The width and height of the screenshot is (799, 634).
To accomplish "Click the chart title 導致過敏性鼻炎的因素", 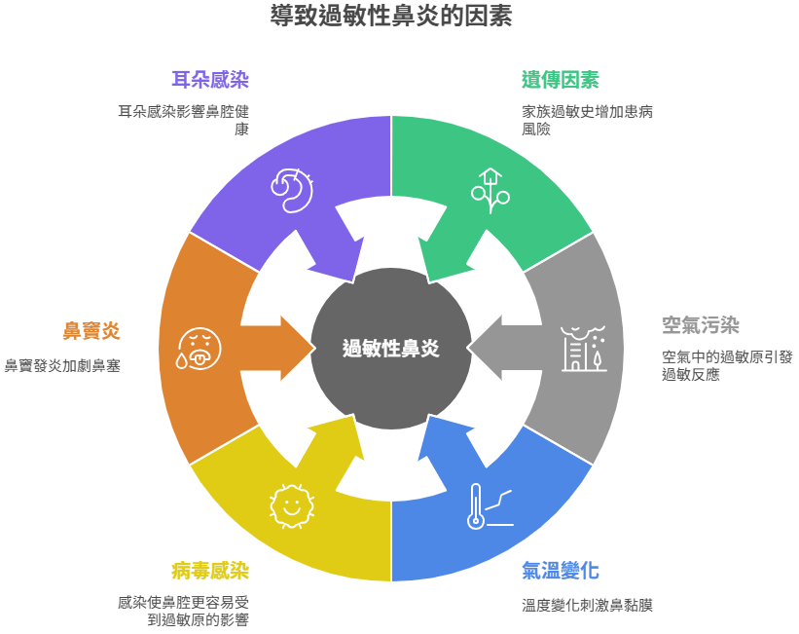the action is (x=391, y=16).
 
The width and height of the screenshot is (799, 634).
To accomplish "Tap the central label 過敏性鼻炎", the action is (x=391, y=349).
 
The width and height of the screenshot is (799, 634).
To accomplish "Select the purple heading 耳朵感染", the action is (x=210, y=80).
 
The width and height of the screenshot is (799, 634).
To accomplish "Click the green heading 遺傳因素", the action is (x=560, y=80).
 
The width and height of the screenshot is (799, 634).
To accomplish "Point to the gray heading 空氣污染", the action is (x=701, y=325).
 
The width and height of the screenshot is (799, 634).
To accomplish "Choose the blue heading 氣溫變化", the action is (x=560, y=571).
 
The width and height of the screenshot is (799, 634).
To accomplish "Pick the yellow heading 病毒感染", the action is (x=210, y=571).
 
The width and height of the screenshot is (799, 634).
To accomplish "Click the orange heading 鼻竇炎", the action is (x=91, y=330).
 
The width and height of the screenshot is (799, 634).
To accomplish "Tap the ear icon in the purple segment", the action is (x=292, y=190).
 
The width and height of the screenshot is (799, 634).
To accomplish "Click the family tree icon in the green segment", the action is (x=490, y=191).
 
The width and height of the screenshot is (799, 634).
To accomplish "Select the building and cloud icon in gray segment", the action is (x=584, y=349).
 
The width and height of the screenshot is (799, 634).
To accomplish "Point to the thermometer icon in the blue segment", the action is (x=490, y=506).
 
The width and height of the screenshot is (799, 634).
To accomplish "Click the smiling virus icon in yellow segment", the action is (x=292, y=506).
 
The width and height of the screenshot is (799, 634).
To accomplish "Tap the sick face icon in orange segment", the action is (x=199, y=349).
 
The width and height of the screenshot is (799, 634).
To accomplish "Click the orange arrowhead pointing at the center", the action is (x=298, y=349).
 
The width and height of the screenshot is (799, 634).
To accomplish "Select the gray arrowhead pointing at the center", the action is (x=484, y=349).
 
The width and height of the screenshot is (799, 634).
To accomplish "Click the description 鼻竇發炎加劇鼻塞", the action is (x=62, y=366).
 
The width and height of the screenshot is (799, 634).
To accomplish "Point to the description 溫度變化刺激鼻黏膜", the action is (x=587, y=606).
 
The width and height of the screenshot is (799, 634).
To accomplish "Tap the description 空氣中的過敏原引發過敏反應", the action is (x=727, y=366).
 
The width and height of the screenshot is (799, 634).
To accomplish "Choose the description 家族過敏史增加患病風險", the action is (x=587, y=121).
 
